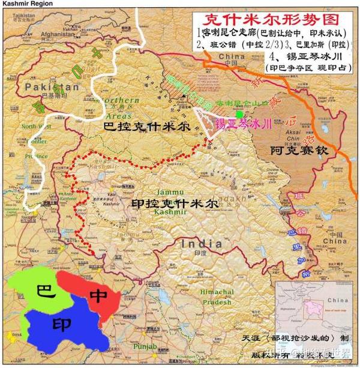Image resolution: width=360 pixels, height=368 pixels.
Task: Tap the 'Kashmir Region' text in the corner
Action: pyautogui.click(x=22, y=4)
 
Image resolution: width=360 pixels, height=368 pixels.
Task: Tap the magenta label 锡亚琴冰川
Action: pyautogui.click(x=243, y=124)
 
